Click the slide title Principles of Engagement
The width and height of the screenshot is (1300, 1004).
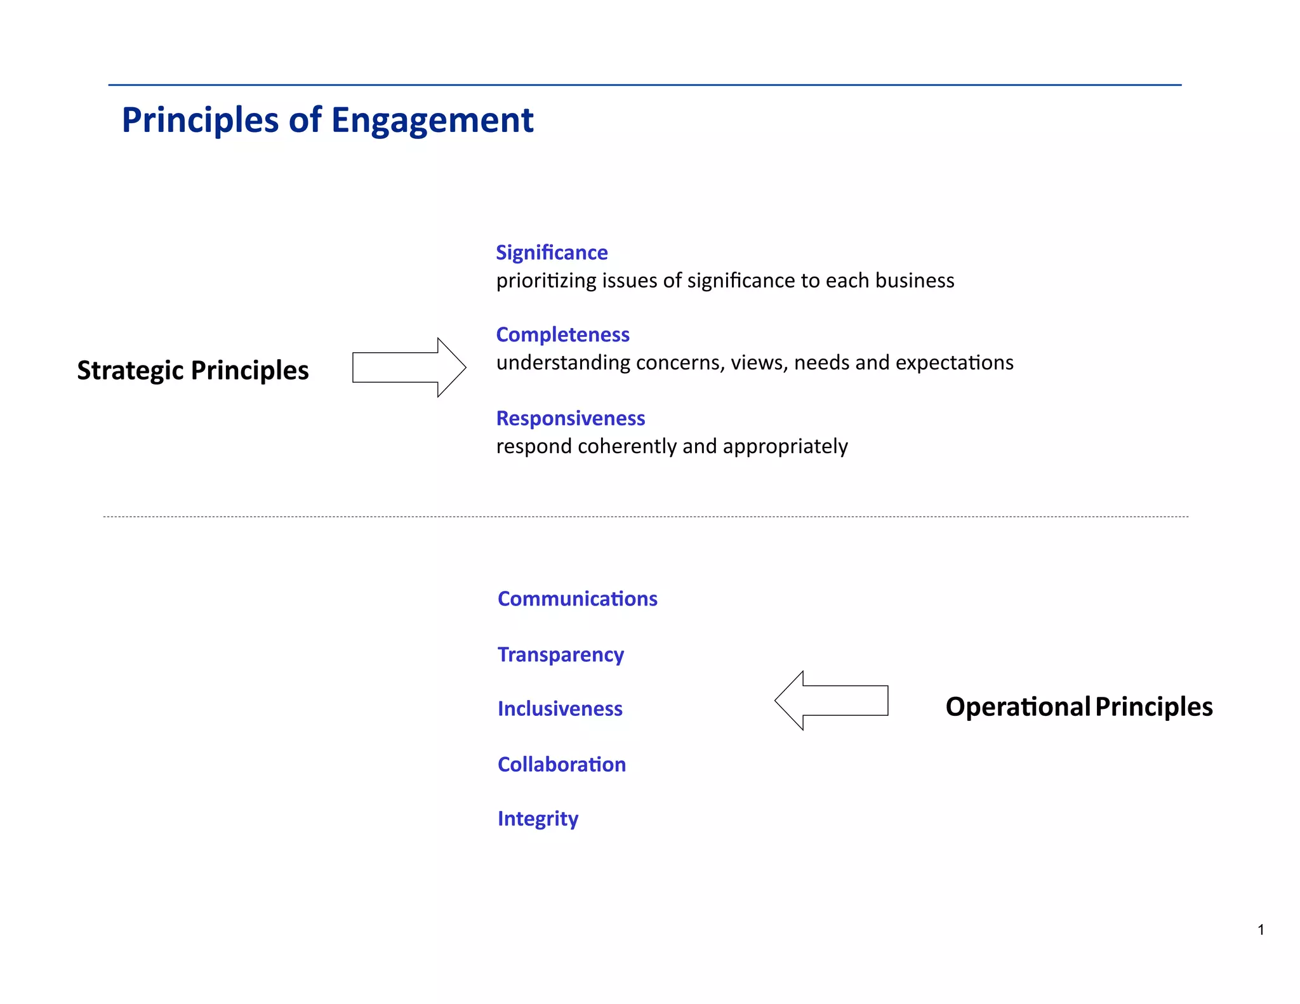pyautogui.click(x=328, y=120)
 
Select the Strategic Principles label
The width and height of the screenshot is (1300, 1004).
pyautogui.click(x=193, y=370)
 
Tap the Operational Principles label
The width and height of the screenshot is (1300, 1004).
pyautogui.click(x=1078, y=706)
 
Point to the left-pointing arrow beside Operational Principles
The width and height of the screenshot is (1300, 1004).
pyautogui.click(x=831, y=701)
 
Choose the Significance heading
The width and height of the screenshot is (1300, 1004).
pyautogui.click(x=552, y=253)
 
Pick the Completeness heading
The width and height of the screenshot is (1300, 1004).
pyautogui.click(x=562, y=334)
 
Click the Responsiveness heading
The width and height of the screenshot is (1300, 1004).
pyautogui.click(x=570, y=418)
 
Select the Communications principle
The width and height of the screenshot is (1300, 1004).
pyautogui.click(x=577, y=598)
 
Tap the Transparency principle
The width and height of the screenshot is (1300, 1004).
pyautogui.click(x=560, y=654)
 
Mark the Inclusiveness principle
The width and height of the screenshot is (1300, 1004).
pyautogui.click(x=560, y=708)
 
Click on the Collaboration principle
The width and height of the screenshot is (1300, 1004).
pyautogui.click(x=562, y=764)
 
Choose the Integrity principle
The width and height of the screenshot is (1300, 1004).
pyautogui.click(x=538, y=819)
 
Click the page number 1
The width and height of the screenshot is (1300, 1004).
pyautogui.click(x=1261, y=930)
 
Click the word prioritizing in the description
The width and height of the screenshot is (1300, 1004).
pyautogui.click(x=546, y=281)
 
